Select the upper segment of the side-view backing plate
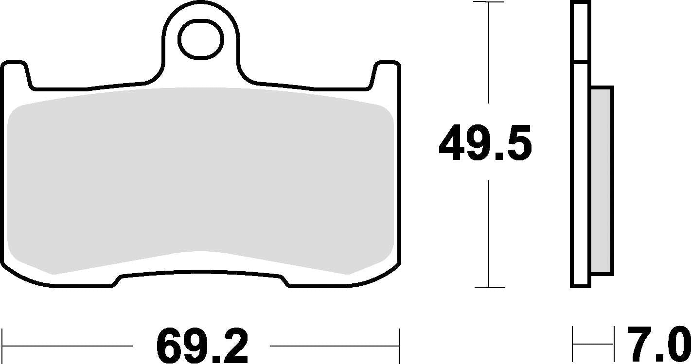tap(581, 32)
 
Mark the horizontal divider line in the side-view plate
tap(581, 62)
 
